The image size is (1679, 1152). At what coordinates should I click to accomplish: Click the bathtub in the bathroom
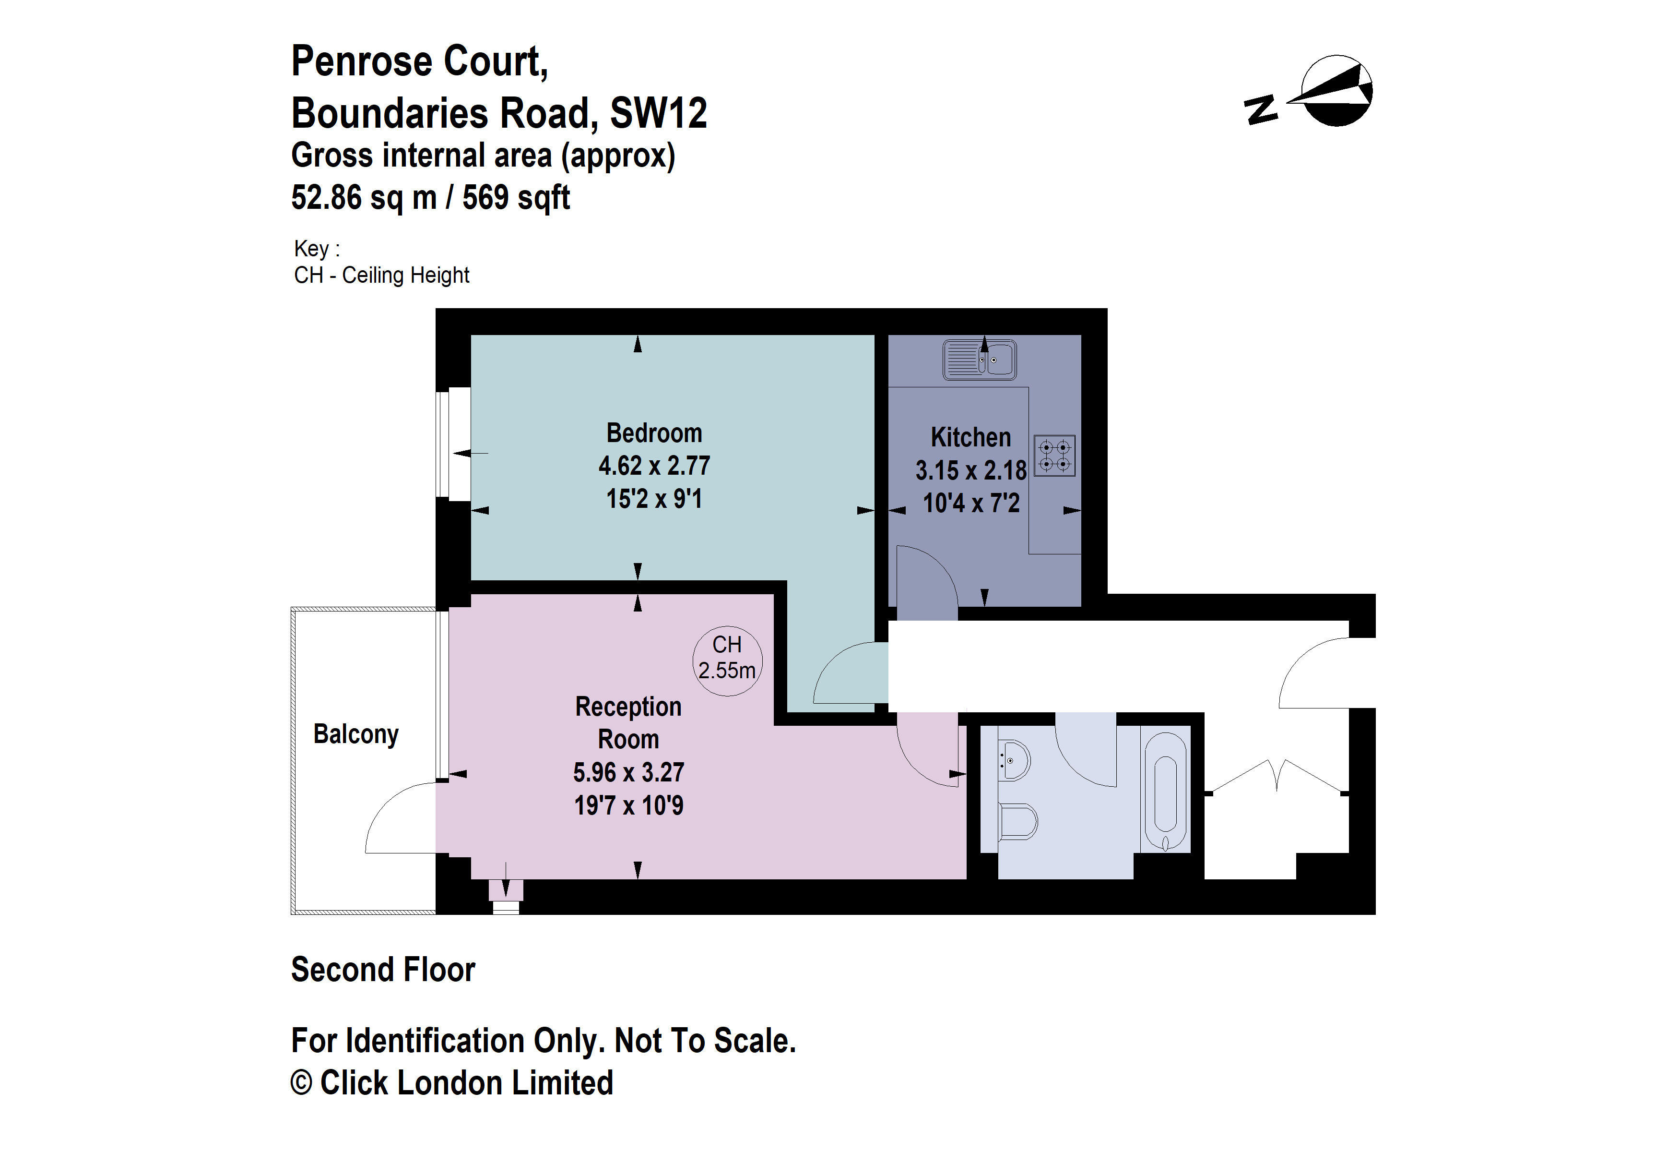click(1165, 792)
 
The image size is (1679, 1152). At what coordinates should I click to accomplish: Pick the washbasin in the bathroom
click(1014, 759)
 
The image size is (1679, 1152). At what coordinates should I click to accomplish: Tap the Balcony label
click(355, 734)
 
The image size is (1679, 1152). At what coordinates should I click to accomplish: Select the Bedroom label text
click(654, 433)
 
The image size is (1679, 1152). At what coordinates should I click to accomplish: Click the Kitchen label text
click(970, 437)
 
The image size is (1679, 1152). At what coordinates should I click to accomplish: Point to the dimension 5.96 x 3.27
click(628, 773)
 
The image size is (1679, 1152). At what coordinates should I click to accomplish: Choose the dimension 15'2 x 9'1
click(654, 499)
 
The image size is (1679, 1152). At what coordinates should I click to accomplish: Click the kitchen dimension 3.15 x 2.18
click(970, 470)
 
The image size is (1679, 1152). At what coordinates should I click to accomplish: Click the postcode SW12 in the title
click(658, 113)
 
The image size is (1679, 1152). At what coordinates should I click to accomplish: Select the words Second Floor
click(383, 970)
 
